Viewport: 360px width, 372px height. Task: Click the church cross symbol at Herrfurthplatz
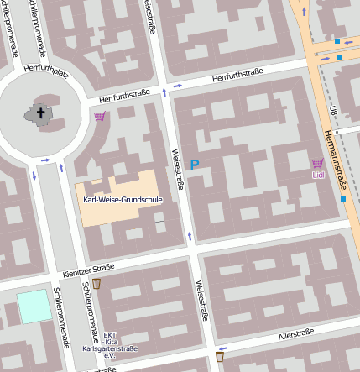pyautogui.click(x=39, y=113)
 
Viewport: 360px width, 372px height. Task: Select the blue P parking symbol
pyautogui.click(x=195, y=165)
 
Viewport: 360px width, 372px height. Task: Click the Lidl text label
pyautogui.click(x=317, y=175)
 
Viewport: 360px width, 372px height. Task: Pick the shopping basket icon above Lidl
pyautogui.click(x=317, y=163)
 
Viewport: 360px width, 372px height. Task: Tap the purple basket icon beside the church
pyautogui.click(x=100, y=117)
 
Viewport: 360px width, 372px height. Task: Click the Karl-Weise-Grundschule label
pyautogui.click(x=123, y=199)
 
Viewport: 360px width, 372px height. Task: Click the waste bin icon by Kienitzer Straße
pyautogui.click(x=97, y=284)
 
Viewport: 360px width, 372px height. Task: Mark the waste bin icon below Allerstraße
pyautogui.click(x=220, y=356)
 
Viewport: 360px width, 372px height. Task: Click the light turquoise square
pyautogui.click(x=34, y=306)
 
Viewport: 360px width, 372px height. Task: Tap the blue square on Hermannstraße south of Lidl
pyautogui.click(x=343, y=199)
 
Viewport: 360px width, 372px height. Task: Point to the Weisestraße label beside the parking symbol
pyautogui.click(x=177, y=169)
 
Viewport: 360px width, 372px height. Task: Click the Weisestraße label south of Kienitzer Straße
pyautogui.click(x=201, y=301)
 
